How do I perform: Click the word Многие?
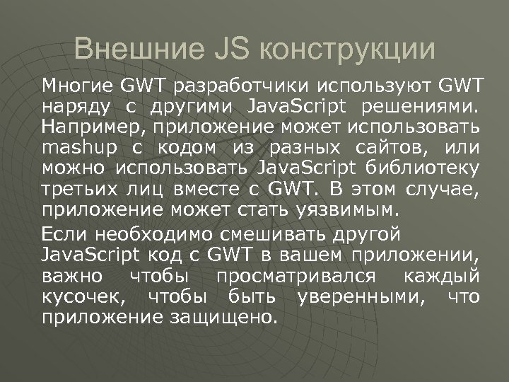(77, 87)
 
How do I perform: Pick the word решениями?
(419, 108)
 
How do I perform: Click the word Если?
(62, 235)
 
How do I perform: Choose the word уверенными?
(353, 296)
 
